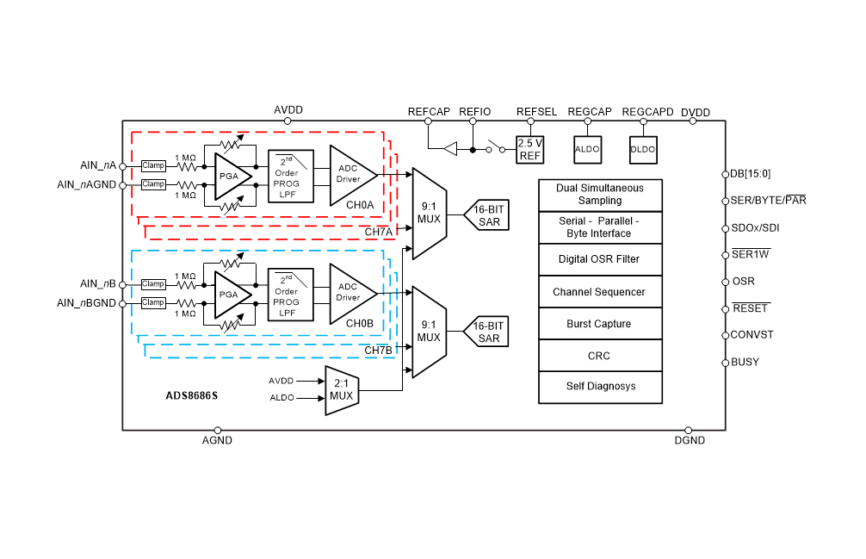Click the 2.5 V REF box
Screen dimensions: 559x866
(x=529, y=150)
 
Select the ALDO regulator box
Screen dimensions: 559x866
(x=587, y=149)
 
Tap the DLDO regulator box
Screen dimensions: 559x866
(x=643, y=149)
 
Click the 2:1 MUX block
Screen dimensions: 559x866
(x=341, y=390)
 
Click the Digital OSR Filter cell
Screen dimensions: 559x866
(x=600, y=259)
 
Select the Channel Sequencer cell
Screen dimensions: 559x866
(x=600, y=292)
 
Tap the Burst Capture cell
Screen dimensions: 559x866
(x=600, y=324)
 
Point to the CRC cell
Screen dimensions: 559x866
(x=600, y=356)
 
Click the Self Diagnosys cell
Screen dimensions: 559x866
(x=600, y=386)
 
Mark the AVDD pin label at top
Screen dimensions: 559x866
(x=288, y=110)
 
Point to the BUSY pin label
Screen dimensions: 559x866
(x=745, y=362)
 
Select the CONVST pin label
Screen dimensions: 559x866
(x=752, y=334)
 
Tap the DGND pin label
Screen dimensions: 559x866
(x=690, y=440)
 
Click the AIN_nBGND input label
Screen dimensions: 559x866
(x=86, y=303)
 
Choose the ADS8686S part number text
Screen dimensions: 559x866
(x=192, y=397)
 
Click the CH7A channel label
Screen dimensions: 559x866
(x=378, y=232)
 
